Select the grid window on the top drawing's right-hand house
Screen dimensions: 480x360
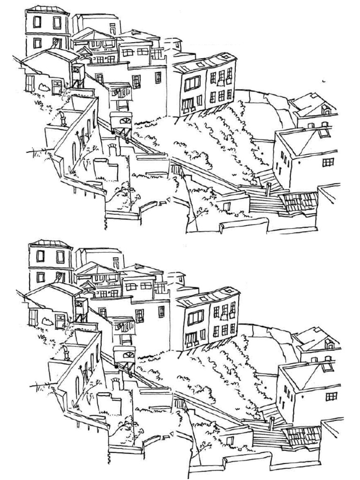pos(328,162)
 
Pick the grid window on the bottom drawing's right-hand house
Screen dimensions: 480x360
pos(331,397)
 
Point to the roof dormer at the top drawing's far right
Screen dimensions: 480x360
pos(326,110)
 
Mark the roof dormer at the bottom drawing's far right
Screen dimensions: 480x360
pos(330,344)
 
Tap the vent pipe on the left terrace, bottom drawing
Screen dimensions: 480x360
pos(66,352)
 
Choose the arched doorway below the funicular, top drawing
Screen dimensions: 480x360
pos(112,149)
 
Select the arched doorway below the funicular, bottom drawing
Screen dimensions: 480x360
pos(116,384)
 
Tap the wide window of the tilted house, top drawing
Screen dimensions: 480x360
pos(192,83)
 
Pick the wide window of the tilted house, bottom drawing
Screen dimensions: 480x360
pos(195,317)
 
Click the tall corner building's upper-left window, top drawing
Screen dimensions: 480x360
pos(37,22)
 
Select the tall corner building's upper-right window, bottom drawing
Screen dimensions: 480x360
pos(60,256)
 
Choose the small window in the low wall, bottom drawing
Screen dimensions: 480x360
pos(230,441)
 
